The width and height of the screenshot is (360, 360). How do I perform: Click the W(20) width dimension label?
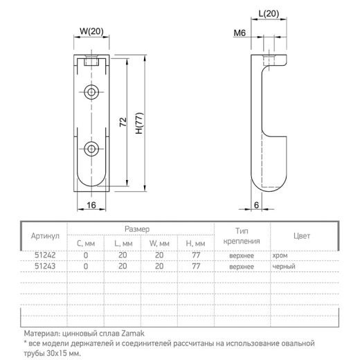pyautogui.click(x=91, y=31)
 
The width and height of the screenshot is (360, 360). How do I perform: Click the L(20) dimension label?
pyautogui.click(x=269, y=13)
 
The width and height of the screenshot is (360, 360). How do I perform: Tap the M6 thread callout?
pyautogui.click(x=240, y=33)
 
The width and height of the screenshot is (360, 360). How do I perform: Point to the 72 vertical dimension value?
pyautogui.click(x=123, y=122)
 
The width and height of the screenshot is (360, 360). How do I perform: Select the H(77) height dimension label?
pyautogui.click(x=139, y=123)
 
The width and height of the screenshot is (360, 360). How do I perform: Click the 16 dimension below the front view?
pyautogui.click(x=91, y=205)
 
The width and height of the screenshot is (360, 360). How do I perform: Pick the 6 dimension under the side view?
pyautogui.click(x=256, y=205)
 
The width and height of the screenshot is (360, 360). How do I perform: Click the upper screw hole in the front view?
pyautogui.click(x=91, y=92)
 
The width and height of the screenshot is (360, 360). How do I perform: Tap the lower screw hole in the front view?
pyautogui.click(x=91, y=149)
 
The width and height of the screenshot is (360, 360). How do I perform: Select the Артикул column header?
pyautogui.click(x=45, y=236)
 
